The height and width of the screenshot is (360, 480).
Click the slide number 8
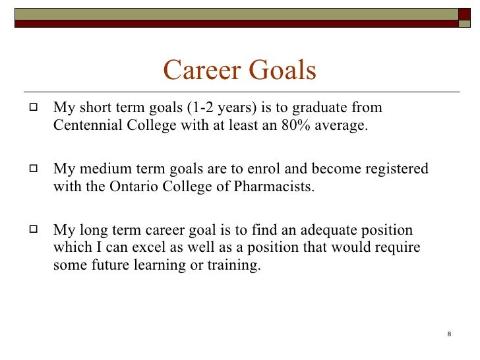tap(449, 334)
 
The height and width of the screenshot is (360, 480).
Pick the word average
tap(341, 126)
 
